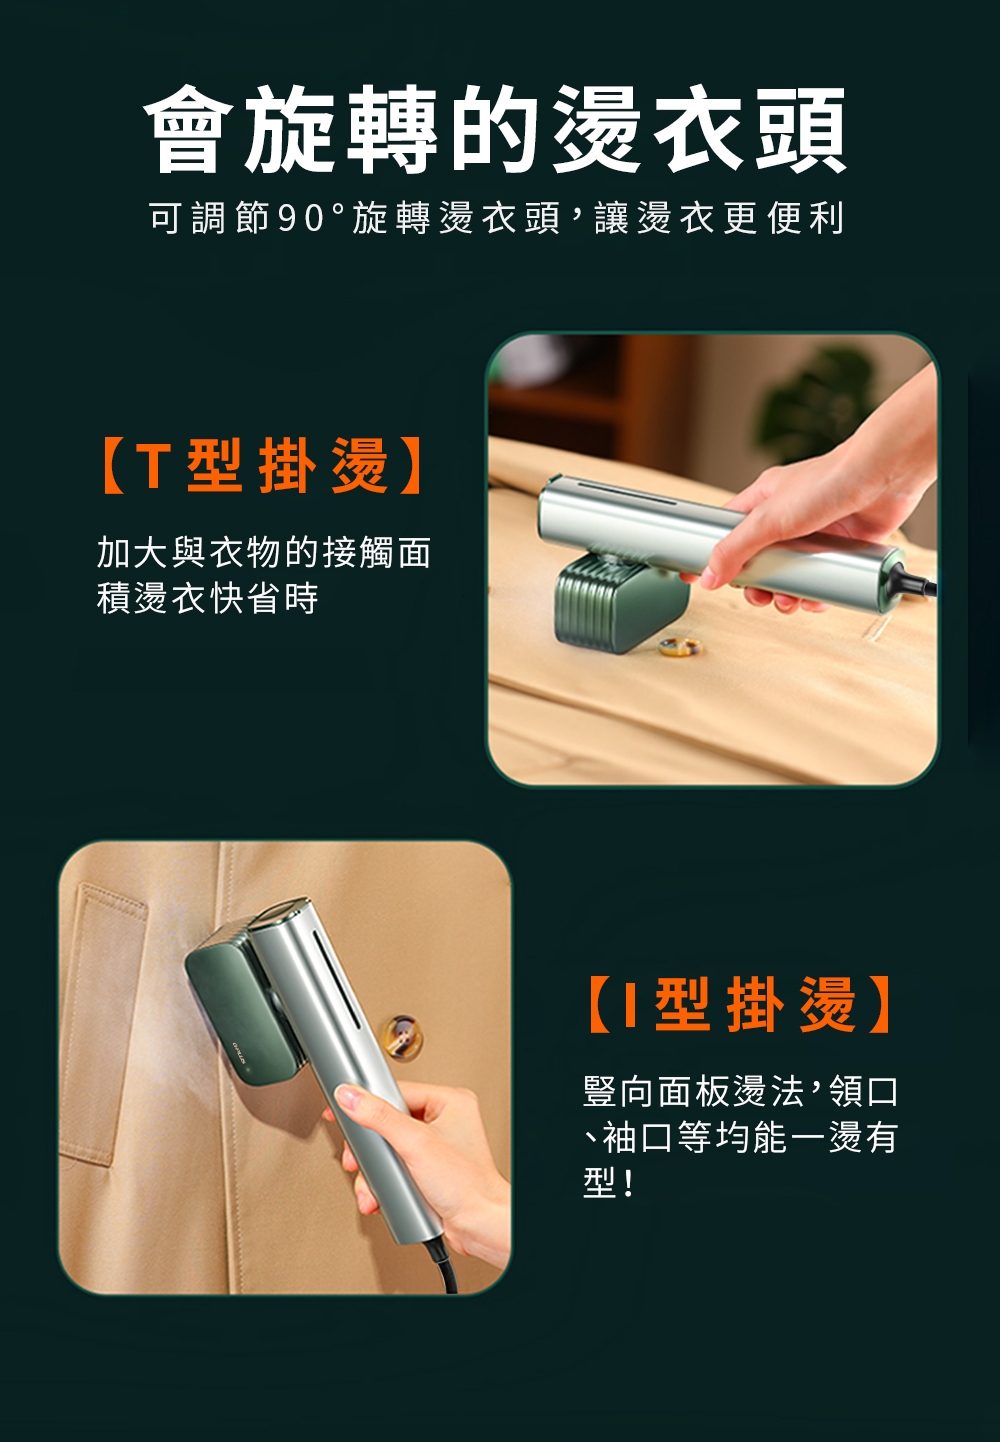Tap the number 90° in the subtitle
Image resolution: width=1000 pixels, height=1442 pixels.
[310, 218]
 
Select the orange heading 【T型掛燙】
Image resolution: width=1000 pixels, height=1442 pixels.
[262, 465]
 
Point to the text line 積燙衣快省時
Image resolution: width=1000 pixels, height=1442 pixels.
[207, 598]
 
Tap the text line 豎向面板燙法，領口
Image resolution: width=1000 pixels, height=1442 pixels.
[740, 1091]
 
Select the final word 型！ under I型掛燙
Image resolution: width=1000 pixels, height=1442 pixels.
[608, 1183]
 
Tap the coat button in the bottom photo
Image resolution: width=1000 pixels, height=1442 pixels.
[402, 1038]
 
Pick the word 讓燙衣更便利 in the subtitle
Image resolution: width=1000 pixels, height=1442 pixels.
[719, 218]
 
